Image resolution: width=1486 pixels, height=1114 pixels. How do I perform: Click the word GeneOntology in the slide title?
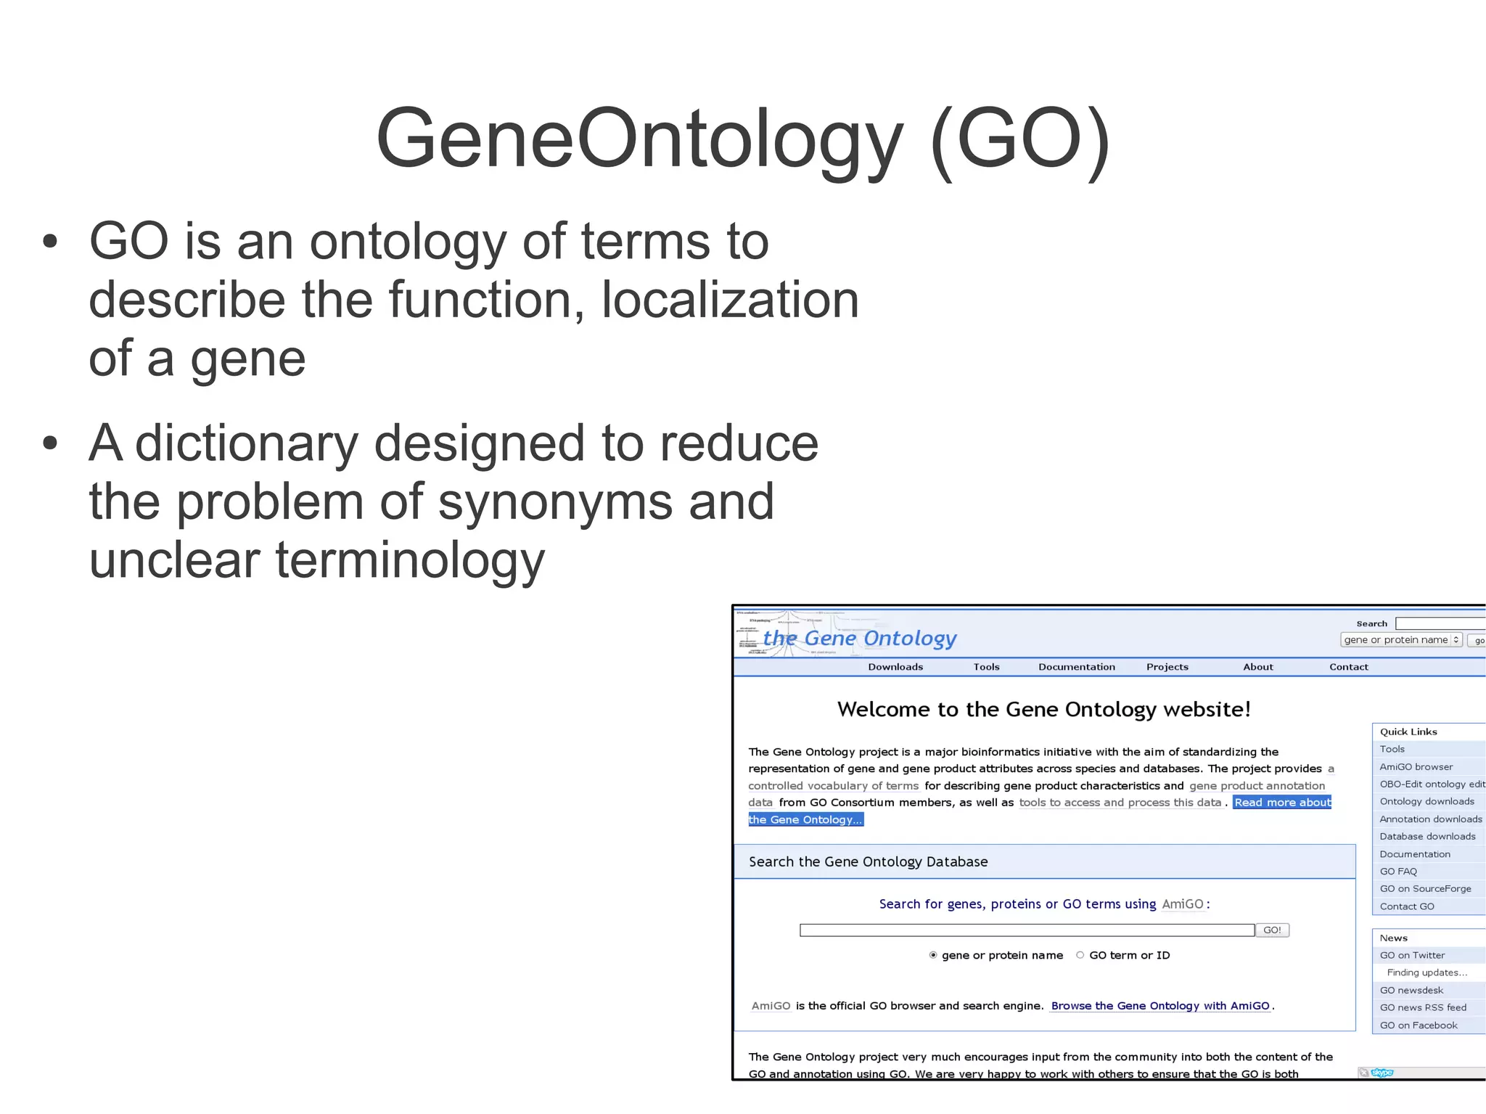pos(639,139)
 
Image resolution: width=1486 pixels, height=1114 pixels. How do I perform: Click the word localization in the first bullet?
pos(730,300)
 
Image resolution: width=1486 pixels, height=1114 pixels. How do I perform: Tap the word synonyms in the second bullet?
pos(555,502)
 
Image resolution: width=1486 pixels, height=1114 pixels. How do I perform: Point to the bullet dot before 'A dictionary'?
pos(49,443)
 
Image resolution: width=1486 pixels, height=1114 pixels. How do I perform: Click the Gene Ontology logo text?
pos(860,638)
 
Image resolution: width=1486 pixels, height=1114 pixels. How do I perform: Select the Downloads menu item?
pos(895,667)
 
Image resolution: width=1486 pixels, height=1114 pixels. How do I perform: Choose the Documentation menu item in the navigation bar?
pos(1076,667)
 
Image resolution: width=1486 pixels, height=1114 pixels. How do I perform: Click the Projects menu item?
pos(1167,667)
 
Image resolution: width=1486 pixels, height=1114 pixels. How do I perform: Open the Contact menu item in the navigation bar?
pos(1348,667)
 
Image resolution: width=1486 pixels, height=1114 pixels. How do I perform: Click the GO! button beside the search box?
pos(1272,930)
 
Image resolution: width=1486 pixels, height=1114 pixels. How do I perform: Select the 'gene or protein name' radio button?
pos(933,955)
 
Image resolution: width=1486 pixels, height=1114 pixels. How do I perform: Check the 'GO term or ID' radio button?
pos(1080,955)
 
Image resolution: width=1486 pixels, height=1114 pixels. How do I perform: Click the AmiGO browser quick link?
pos(1416,766)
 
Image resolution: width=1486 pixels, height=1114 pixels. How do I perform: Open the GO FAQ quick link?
pos(1397,872)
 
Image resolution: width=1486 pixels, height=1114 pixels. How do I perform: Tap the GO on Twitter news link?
pos(1412,955)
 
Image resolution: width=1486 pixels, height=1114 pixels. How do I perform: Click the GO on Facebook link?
pos(1418,1025)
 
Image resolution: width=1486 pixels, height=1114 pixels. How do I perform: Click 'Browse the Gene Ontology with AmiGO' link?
pos(1159,1006)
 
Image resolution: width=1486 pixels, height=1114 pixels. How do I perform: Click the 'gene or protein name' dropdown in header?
pos(1400,640)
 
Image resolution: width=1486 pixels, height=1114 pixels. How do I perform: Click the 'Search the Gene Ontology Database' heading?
pos(868,861)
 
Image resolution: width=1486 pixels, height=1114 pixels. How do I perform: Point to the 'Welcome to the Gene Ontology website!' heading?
pos(1043,709)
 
